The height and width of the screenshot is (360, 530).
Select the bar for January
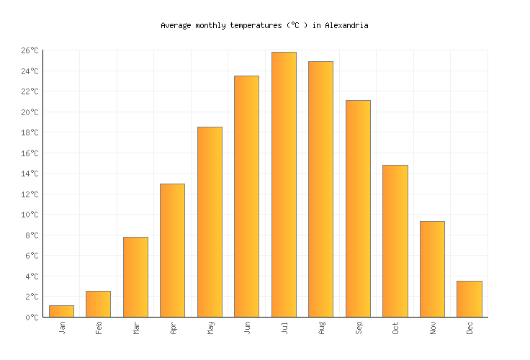61,311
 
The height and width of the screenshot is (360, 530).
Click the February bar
98,304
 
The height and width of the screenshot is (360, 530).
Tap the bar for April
172,251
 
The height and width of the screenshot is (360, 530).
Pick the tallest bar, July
284,184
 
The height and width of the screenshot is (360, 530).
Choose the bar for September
358,209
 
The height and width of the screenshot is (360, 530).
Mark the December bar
469,299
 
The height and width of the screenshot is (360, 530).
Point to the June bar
246,196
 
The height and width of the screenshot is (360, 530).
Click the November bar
432,269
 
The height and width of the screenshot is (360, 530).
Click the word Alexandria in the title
346,25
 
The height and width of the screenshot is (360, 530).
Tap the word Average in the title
176,25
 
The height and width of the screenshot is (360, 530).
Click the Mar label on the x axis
136,328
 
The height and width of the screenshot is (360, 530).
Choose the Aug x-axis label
321,328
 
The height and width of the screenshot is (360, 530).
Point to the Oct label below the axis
395,328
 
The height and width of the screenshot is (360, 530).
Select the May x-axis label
210,328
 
